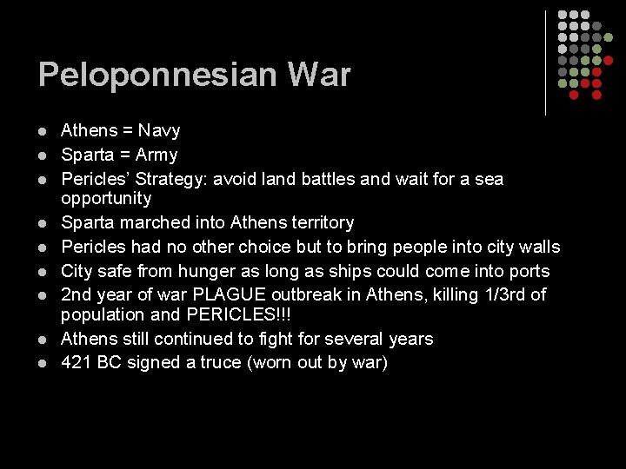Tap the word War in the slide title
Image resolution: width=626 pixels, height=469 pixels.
click(321, 75)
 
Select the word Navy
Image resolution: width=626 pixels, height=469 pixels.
click(159, 131)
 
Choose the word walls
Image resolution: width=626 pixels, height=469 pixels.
click(539, 248)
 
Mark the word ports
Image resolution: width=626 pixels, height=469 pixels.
click(529, 272)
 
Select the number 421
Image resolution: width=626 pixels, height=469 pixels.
click(76, 362)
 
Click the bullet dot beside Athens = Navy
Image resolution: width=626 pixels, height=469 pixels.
click(42, 131)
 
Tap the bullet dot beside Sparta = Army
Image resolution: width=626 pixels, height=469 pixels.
click(42, 155)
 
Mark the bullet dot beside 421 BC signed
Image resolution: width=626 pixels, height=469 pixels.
click(42, 362)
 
